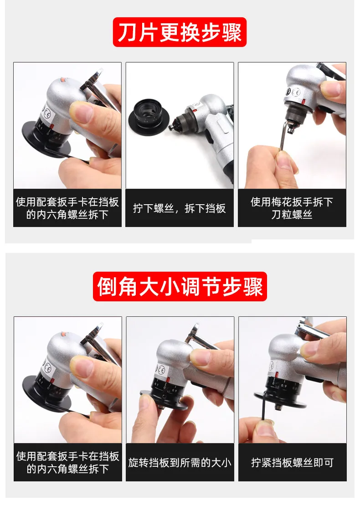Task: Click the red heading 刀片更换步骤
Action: pos(180,32)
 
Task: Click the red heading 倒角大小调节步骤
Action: pos(180,286)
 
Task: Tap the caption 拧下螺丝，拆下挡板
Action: pos(180,208)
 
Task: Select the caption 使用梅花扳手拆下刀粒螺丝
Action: pos(292,208)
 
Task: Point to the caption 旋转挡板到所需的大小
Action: pos(180,462)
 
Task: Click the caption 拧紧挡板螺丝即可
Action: pos(292,462)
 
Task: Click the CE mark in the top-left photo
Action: pos(47,115)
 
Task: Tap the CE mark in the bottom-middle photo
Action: pos(161,371)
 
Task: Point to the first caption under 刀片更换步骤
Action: pos(67,208)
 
